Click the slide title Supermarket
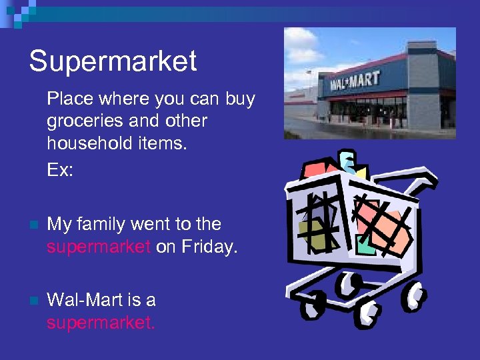pyautogui.click(x=113, y=61)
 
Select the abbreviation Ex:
pyautogui.click(x=59, y=170)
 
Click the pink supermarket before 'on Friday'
pyautogui.click(x=99, y=247)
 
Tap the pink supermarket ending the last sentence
pyautogui.click(x=100, y=323)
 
